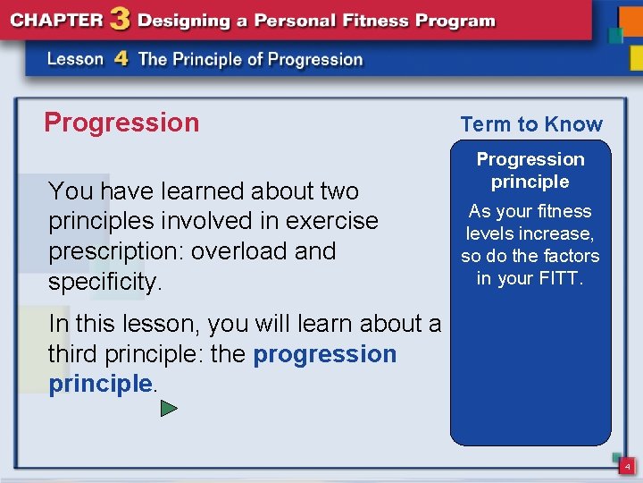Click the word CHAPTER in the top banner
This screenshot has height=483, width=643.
point(58,21)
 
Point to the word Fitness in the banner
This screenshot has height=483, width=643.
point(380,21)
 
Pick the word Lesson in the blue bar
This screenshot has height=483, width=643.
point(75,60)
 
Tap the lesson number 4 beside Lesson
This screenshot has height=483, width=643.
point(121,60)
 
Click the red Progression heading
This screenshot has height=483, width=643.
point(121,123)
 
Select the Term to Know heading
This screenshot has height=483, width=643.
point(531,124)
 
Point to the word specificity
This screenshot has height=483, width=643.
point(104,282)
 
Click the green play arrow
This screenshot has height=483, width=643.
point(169,409)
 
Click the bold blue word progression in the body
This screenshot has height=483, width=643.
point(325,354)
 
